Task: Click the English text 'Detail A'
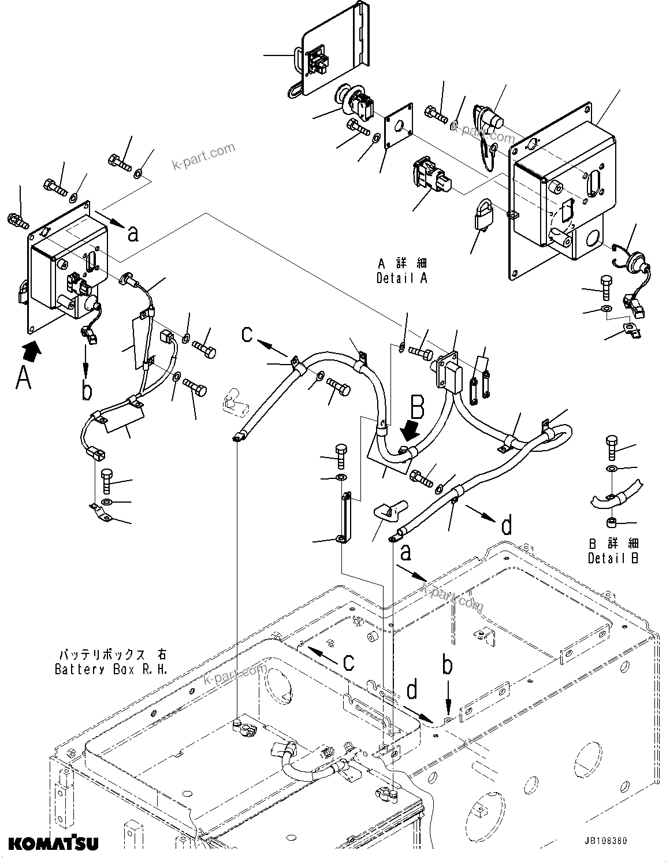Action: point(401,278)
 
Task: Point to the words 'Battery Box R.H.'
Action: point(111,669)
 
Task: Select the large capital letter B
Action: point(417,408)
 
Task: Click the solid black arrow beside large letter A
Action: point(34,349)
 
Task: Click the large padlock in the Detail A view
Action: point(482,217)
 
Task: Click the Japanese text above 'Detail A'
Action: point(403,263)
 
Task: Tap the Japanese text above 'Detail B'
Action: point(613,544)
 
